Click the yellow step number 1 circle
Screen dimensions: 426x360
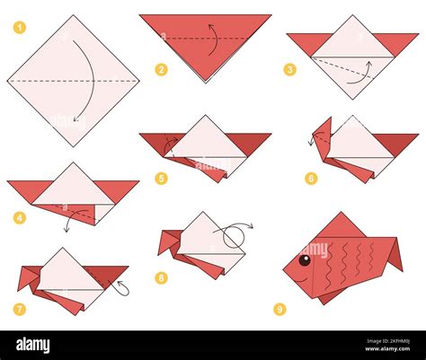(x=20, y=28)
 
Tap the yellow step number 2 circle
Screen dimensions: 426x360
(x=161, y=70)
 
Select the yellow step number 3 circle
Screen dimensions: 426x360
(x=289, y=70)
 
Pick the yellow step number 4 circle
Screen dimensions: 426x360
(x=20, y=217)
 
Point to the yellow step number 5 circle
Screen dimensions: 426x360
(x=161, y=179)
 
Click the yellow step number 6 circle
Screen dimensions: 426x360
(x=311, y=179)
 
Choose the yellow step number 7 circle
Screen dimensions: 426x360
(x=20, y=309)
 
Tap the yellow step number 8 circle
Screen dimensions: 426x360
(x=161, y=278)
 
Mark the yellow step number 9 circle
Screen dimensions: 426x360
(x=280, y=309)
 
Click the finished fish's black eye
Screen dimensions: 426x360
(x=305, y=259)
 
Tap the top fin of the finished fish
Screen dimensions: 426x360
(x=342, y=225)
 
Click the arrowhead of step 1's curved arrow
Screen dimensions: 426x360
(x=76, y=119)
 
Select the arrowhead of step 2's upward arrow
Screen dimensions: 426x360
(x=210, y=26)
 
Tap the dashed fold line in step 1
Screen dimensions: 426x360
(x=73, y=81)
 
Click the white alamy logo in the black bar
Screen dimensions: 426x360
(x=33, y=345)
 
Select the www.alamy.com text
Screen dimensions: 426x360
(x=387, y=349)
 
